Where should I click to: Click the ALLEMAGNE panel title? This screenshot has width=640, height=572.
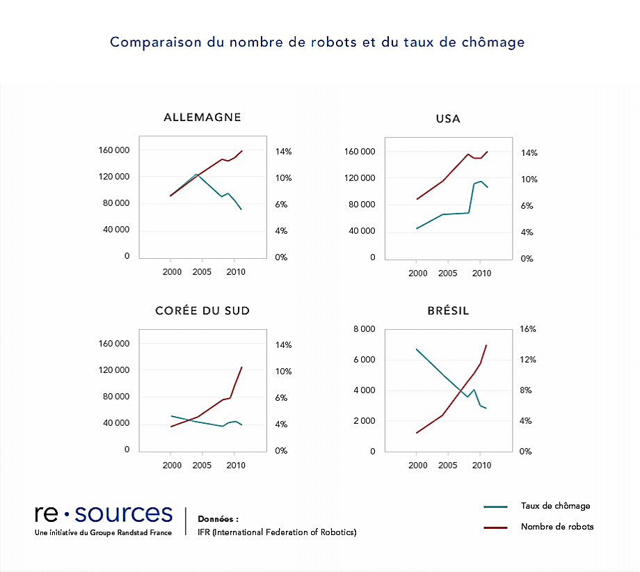pyautogui.click(x=202, y=117)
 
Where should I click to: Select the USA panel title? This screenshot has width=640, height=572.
pyautogui.click(x=448, y=118)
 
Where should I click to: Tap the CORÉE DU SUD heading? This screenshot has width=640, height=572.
pyautogui.click(x=202, y=310)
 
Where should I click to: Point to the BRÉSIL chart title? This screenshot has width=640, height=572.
pyautogui.click(x=448, y=310)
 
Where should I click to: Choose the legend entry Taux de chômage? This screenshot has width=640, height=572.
pyautogui.click(x=555, y=506)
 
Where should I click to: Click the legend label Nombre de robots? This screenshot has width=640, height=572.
pyautogui.click(x=557, y=527)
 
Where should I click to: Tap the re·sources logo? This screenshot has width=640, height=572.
pyautogui.click(x=104, y=514)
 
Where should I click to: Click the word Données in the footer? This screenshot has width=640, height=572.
pyautogui.click(x=218, y=519)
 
